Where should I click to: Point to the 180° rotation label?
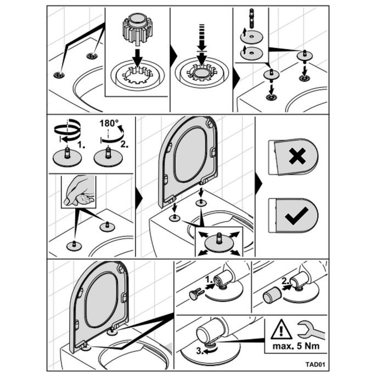coord(109,124)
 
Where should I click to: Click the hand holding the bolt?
coord(79,192)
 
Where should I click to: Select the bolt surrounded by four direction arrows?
coord(218,239)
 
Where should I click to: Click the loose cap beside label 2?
coord(271,297)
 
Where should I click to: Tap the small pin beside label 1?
coord(196,295)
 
